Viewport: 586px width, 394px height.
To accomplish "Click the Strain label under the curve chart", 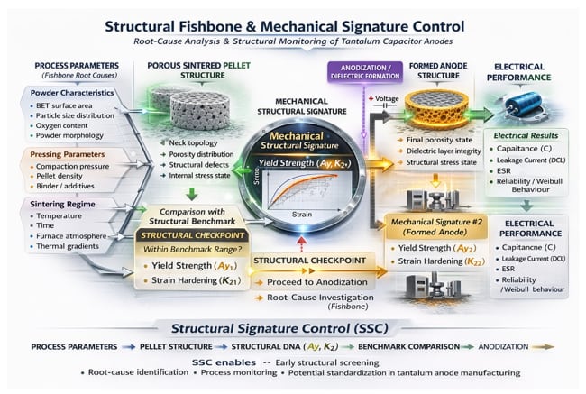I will click(x=303, y=215).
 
